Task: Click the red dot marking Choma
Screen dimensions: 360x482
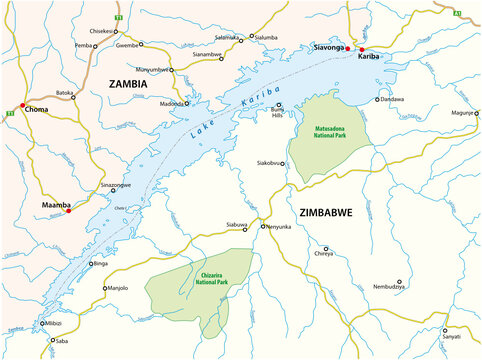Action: click(x=22, y=104)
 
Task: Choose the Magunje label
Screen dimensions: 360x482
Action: click(x=464, y=112)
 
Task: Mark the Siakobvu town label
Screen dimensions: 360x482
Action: click(x=270, y=162)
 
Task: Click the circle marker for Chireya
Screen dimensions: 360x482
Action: click(x=325, y=249)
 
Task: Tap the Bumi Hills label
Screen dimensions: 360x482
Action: click(x=270, y=113)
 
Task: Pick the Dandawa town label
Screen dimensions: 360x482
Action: click(x=393, y=99)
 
